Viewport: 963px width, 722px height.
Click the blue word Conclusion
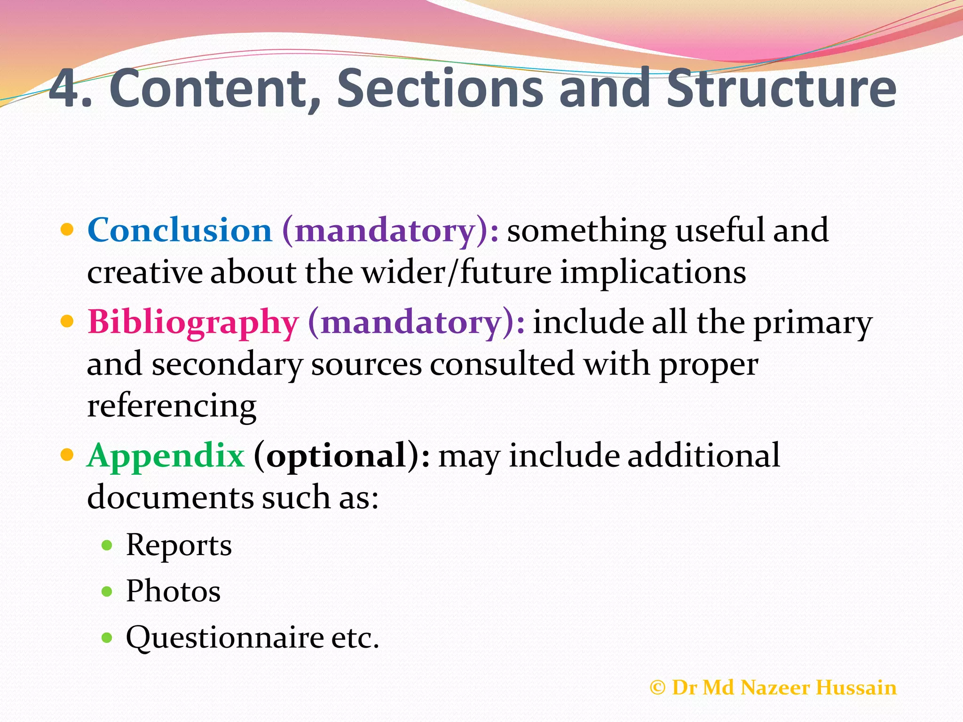pyautogui.click(x=180, y=230)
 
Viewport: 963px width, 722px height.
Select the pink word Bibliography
pyautogui.click(x=193, y=323)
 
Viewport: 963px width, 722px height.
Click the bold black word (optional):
pyautogui.click(x=342, y=456)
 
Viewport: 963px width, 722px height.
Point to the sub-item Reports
pyautogui.click(x=179, y=545)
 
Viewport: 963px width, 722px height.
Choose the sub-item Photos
pyautogui.click(x=173, y=591)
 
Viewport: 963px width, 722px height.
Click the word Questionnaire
pyautogui.click(x=225, y=638)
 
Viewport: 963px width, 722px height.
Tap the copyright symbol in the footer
pyautogui.click(x=657, y=688)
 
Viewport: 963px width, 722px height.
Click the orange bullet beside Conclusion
pyautogui.click(x=68, y=230)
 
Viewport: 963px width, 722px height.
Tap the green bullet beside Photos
pyautogui.click(x=107, y=591)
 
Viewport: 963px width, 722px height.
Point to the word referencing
pyautogui.click(x=172, y=406)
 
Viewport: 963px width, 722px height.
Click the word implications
pyautogui.click(x=653, y=273)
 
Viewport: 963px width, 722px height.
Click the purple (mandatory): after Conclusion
pyautogui.click(x=390, y=231)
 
